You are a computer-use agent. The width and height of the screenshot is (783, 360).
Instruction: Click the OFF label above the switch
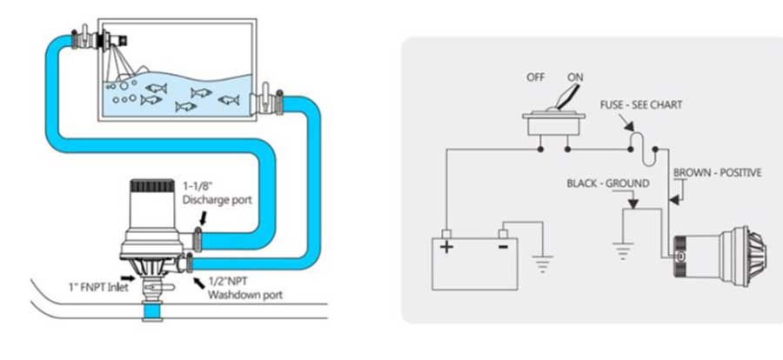[x=535, y=77]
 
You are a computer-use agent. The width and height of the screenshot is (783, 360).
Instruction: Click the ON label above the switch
[x=575, y=77]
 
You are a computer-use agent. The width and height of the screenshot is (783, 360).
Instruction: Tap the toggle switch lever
[x=566, y=98]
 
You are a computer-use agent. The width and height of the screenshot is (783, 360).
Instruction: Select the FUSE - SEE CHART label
[x=640, y=105]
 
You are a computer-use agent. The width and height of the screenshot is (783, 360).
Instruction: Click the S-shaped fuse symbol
[x=643, y=150]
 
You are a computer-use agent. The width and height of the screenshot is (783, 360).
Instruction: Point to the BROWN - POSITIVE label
[x=718, y=173]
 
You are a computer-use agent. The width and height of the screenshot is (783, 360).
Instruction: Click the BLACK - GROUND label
[x=608, y=183]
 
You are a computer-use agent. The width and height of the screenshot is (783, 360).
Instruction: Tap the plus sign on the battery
[x=446, y=247]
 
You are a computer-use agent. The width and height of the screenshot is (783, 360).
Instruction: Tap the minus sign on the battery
[x=503, y=246]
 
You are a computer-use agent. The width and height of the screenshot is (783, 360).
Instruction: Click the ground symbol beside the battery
[x=542, y=263]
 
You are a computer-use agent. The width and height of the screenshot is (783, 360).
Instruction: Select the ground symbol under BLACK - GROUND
[x=622, y=250]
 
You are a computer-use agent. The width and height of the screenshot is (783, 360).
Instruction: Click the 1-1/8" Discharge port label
[x=217, y=193]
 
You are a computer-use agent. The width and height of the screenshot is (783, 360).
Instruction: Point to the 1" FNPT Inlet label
[x=97, y=287]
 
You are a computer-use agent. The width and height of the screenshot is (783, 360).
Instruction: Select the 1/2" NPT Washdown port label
[x=244, y=288]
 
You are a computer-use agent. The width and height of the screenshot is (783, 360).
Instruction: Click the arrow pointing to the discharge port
[x=202, y=218]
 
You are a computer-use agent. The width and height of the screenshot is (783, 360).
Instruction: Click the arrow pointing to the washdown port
[x=199, y=283]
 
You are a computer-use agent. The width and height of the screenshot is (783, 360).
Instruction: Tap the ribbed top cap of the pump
[x=152, y=186]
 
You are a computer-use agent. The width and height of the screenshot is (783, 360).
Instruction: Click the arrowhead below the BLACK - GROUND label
[x=632, y=203]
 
